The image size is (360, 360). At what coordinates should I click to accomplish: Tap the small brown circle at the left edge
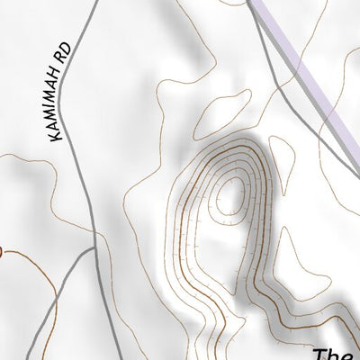pyautogui.click(x=2, y=253)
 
